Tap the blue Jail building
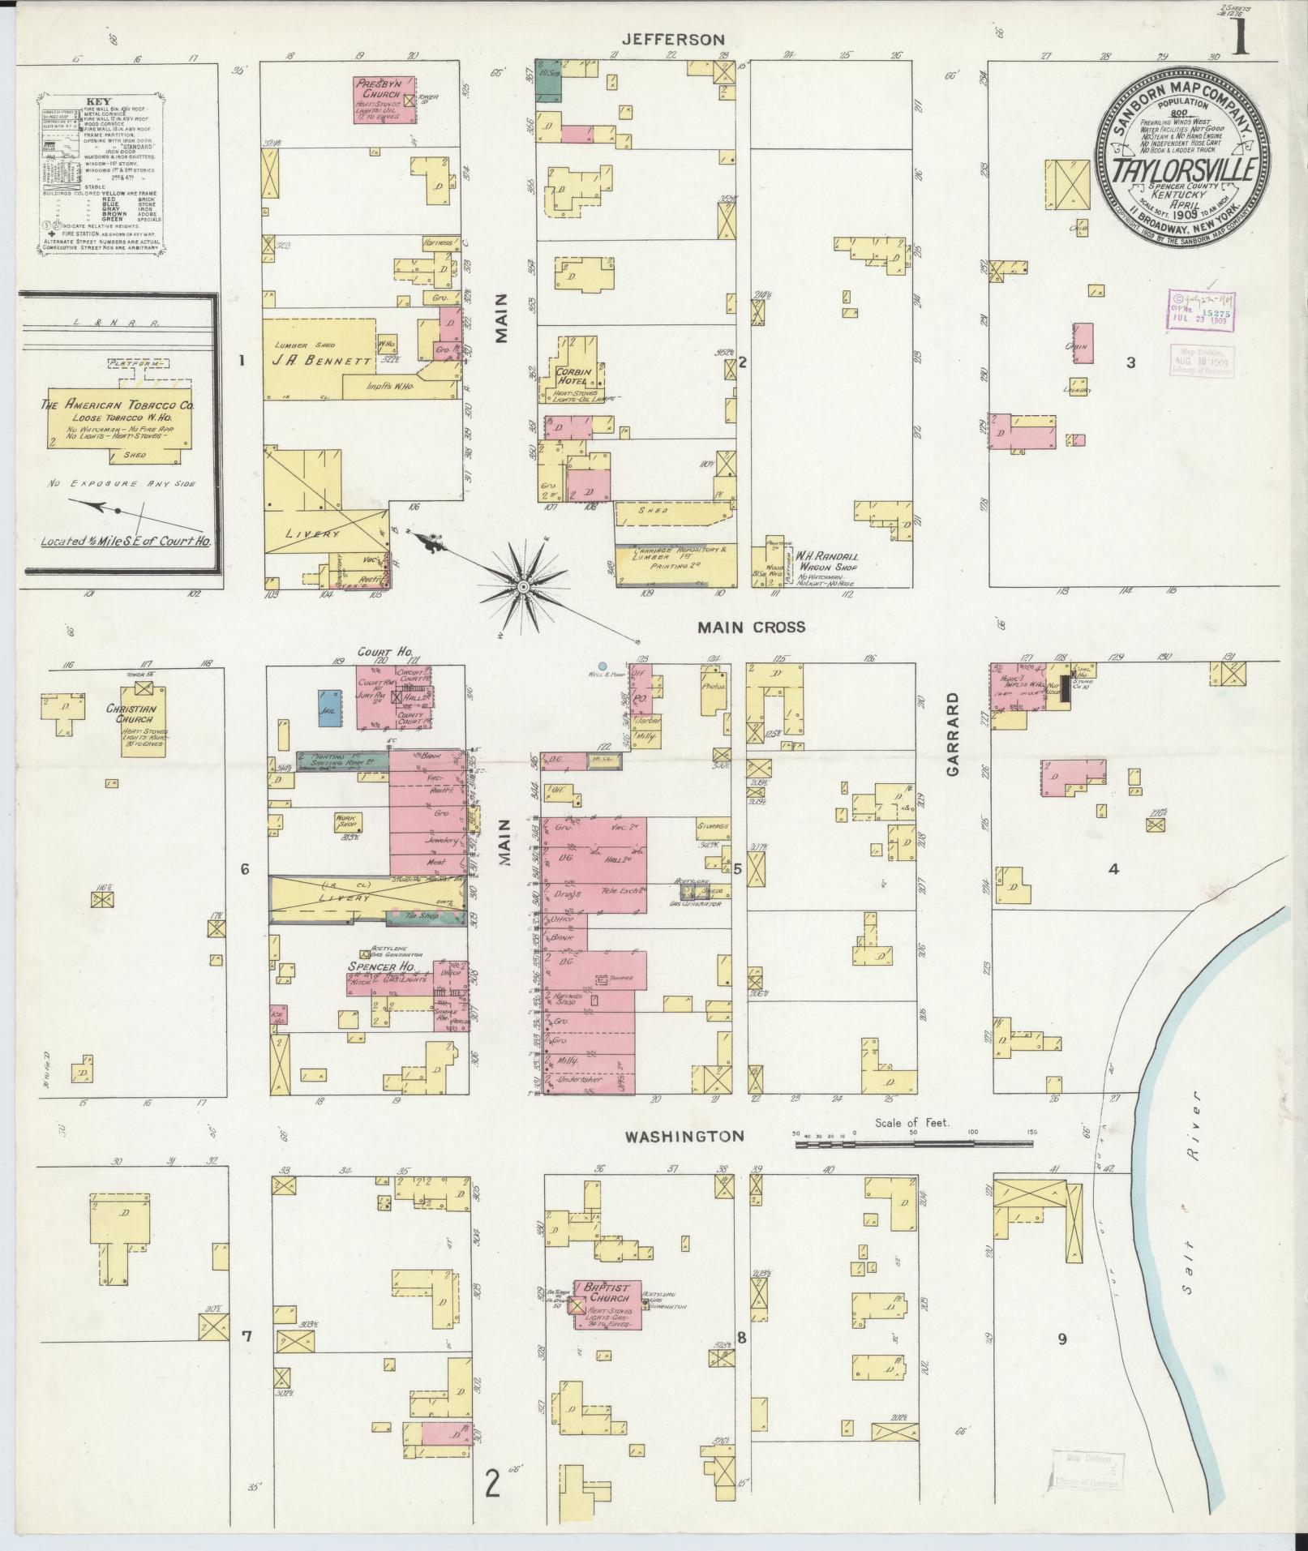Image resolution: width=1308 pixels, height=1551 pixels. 328,706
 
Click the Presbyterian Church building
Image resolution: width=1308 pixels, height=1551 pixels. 385,99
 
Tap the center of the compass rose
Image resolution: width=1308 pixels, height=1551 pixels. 523,585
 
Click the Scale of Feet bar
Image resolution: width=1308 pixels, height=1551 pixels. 912,1144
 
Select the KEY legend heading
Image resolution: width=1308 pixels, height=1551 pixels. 99,102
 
